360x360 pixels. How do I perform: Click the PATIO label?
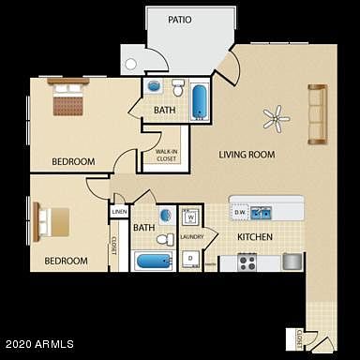pyautogui.click(x=180, y=19)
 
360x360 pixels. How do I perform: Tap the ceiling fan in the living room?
pyautogui.click(x=275, y=117)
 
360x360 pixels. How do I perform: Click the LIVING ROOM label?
pyautogui.click(x=246, y=154)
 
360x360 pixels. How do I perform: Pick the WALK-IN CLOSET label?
pyautogui.click(x=167, y=155)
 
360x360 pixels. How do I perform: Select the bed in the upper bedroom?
pyautogui.click(x=67, y=99)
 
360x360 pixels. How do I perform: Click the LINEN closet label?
pyautogui.click(x=119, y=213)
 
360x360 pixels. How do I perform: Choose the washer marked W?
pyautogui.click(x=190, y=217)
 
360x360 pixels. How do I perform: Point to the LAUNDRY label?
pyautogui.click(x=191, y=237)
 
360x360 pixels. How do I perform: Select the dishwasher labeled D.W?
pyautogui.click(x=239, y=212)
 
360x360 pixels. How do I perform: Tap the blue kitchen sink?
pyautogui.click(x=262, y=211)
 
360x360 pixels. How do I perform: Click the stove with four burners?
pyautogui.click(x=247, y=262)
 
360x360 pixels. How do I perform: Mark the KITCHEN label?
pyautogui.click(x=254, y=237)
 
